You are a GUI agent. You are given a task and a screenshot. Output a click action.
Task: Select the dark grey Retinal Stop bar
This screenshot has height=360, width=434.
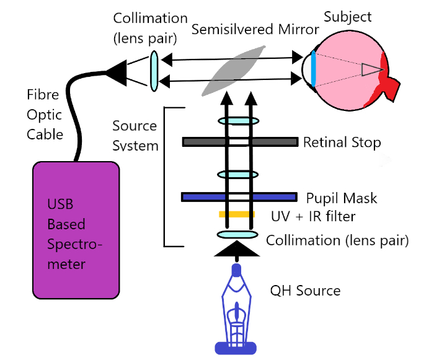point(239,142)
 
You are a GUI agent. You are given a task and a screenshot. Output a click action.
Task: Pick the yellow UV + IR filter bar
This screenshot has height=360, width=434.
point(236,214)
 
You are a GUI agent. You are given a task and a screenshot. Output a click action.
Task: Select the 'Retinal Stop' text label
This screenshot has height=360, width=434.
point(342,143)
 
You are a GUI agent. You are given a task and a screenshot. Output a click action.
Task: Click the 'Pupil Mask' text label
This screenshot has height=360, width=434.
point(342,198)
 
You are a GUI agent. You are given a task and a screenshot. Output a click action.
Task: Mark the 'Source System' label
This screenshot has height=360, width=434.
point(135,136)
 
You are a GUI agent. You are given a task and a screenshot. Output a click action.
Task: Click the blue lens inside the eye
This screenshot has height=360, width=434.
point(314,68)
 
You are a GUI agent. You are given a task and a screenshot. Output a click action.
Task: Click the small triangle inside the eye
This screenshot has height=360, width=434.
point(372,70)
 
